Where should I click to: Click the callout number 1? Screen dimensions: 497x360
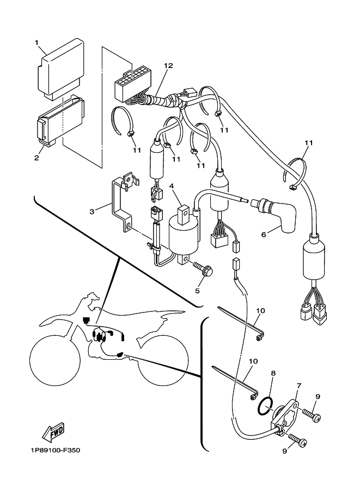tap(38, 42)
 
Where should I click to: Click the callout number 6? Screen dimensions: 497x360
tap(263, 235)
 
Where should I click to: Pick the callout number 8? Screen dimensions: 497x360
tap(273, 374)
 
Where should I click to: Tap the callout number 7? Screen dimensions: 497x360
tap(298, 386)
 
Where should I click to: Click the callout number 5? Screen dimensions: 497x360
tap(197, 290)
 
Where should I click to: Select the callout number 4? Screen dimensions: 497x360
tap(172, 187)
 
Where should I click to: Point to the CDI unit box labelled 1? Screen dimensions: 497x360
tap(59, 71)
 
